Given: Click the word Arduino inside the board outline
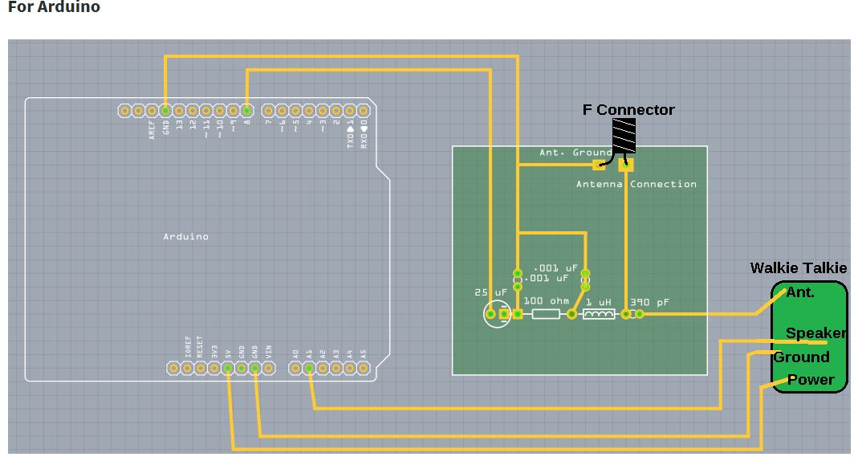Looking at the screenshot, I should [x=185, y=237].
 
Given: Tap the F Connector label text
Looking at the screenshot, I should [x=628, y=110].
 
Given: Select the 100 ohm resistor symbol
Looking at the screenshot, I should [x=546, y=314].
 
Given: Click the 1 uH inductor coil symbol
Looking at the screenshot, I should [x=598, y=314].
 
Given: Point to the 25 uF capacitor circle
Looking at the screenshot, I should [x=496, y=314].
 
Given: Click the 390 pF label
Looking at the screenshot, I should [x=649, y=303].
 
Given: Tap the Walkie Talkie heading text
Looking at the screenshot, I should [x=798, y=268].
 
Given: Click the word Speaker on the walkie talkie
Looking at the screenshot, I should [x=815, y=333].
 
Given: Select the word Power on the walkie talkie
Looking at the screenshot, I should [x=811, y=380].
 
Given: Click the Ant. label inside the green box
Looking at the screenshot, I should [x=800, y=292].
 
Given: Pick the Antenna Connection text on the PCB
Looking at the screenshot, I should [x=636, y=185].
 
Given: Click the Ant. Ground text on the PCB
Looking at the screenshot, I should [x=575, y=153].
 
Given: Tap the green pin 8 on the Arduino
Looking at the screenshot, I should [x=246, y=111].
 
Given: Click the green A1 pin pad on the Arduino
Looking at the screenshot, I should [x=309, y=369].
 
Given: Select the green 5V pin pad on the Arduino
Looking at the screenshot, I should [x=228, y=369].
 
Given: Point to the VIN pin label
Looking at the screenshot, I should [x=269, y=351].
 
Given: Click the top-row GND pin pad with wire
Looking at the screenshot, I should [x=165, y=111].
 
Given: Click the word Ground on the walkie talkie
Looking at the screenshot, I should [x=801, y=357].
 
